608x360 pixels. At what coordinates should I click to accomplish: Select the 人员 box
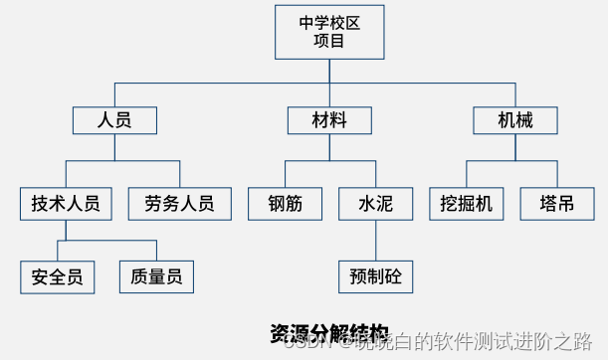coord(115,120)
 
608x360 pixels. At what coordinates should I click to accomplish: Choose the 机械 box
coord(515,120)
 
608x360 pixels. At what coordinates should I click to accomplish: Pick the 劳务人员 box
coord(179,204)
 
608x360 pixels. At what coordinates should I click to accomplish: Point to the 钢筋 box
coord(285,204)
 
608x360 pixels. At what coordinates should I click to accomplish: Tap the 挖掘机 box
coord(466,204)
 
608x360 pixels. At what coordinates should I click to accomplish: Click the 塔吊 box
coord(556,204)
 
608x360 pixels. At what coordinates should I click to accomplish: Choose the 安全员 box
coord(57,276)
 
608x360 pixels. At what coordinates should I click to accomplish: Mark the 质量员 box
coord(156,276)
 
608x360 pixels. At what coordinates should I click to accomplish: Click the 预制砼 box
coord(375,274)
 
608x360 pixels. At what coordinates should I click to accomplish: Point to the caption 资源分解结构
coord(328,332)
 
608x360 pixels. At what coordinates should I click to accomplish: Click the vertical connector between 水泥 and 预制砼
coord(375,240)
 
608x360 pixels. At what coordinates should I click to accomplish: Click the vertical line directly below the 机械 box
coord(515,147)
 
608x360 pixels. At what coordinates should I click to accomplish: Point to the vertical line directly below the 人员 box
coord(115,147)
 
